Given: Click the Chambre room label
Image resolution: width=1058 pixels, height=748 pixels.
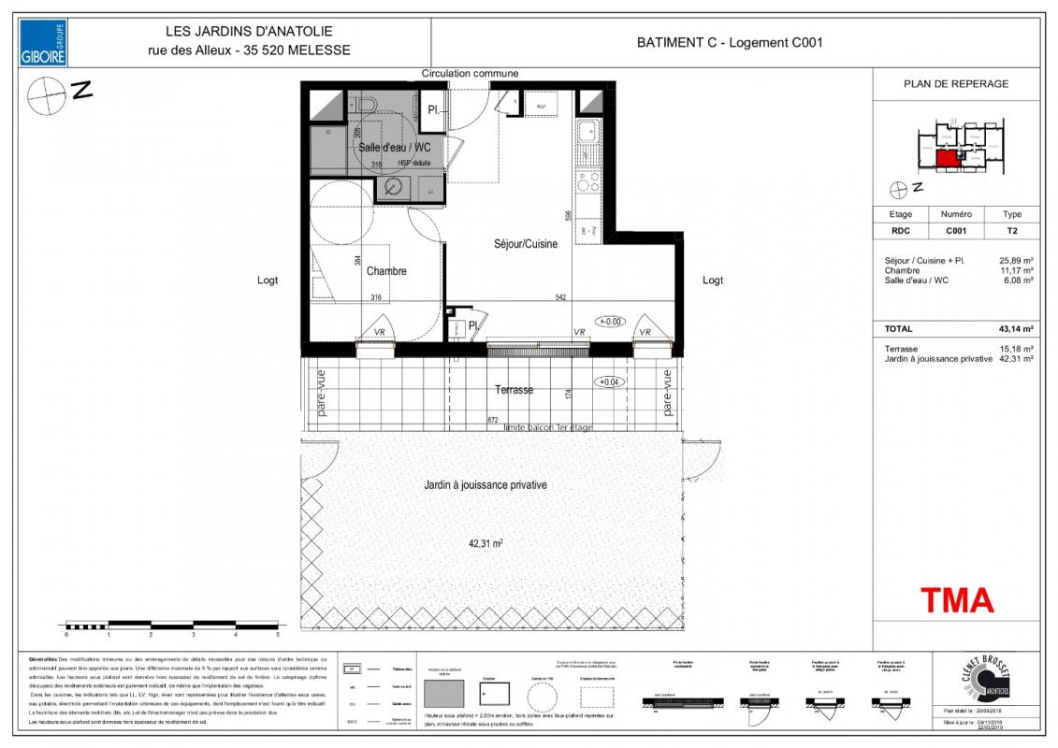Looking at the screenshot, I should pos(386,271).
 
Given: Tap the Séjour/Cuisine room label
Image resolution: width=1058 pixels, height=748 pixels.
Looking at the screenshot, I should pos(526,244).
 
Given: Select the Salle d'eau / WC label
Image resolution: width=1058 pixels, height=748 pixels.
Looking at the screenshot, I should pos(394,148).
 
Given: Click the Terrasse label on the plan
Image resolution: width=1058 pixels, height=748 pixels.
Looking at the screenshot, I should pos(514,390).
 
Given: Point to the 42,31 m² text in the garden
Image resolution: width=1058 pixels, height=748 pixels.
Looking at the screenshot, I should pos(486,542).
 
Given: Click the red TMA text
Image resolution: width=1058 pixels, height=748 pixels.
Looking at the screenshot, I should pos(957,598).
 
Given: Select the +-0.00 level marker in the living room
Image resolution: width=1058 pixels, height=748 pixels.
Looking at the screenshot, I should pos(610,322).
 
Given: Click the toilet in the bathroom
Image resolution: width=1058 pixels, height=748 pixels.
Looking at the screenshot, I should pos(364,103).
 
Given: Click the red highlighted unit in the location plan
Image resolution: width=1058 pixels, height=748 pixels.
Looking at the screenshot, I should pos(948,158).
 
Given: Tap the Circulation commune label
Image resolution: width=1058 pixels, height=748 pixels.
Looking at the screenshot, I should pos(470,73).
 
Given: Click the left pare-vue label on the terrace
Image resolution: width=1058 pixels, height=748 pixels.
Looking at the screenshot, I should pos(321,392).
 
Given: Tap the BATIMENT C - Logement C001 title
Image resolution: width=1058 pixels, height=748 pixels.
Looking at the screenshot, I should pos(730,42).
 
